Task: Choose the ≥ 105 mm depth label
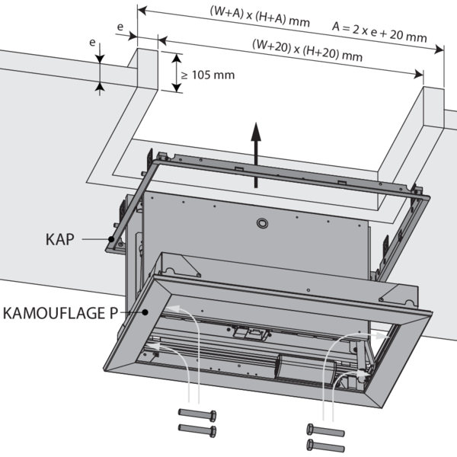coord(208,75)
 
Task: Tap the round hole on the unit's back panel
coord(262,225)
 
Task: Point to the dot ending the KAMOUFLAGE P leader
coord(144,312)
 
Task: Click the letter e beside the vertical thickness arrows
coord(93,43)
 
